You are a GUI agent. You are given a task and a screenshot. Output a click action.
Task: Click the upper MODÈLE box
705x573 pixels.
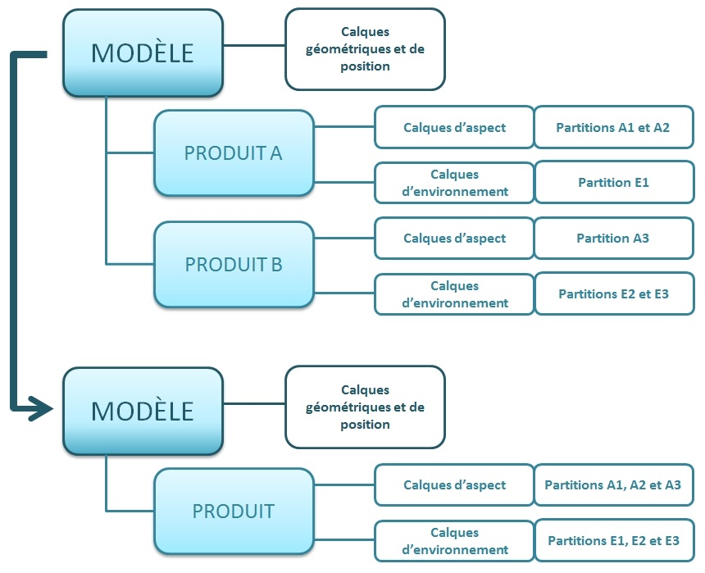pos(143,52)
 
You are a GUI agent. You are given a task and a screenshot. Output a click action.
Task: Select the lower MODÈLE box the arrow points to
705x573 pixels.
pos(143,411)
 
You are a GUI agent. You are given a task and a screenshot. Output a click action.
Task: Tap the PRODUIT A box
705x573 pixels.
pos(234,153)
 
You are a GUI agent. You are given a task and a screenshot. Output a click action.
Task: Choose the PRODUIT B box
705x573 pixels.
pos(234,265)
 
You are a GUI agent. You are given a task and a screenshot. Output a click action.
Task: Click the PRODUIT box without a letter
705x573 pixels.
pos(234,511)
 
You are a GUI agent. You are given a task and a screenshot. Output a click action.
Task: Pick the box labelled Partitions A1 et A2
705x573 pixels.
pos(613,127)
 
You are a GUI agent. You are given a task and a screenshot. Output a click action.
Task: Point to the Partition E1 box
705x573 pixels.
pos(613,183)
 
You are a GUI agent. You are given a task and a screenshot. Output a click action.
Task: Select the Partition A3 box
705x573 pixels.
pos(613,239)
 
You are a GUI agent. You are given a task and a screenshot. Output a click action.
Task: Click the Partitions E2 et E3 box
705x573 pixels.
pos(613,293)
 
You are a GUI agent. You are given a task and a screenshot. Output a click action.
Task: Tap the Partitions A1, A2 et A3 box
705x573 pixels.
pos(613,484)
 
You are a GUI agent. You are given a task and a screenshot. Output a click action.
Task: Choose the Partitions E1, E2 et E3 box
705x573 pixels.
pos(613,541)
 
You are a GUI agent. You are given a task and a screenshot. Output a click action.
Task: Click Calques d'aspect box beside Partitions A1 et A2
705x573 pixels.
pos(454,127)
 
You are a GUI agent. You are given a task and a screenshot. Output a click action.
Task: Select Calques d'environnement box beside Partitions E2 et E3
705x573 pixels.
pos(454,293)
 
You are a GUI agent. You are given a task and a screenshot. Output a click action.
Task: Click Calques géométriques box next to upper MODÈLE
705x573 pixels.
pos(365,49)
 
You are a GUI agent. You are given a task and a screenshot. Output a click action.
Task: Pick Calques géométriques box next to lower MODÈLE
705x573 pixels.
pos(365,407)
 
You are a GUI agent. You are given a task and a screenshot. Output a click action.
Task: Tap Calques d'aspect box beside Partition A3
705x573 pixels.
pos(454,239)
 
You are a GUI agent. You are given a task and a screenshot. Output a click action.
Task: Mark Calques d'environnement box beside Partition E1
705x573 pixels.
pos(454,183)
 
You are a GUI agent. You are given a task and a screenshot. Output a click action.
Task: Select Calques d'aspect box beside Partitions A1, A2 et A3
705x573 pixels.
pos(454,484)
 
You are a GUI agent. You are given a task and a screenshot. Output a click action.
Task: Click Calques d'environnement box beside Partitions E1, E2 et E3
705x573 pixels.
pos(454,541)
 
